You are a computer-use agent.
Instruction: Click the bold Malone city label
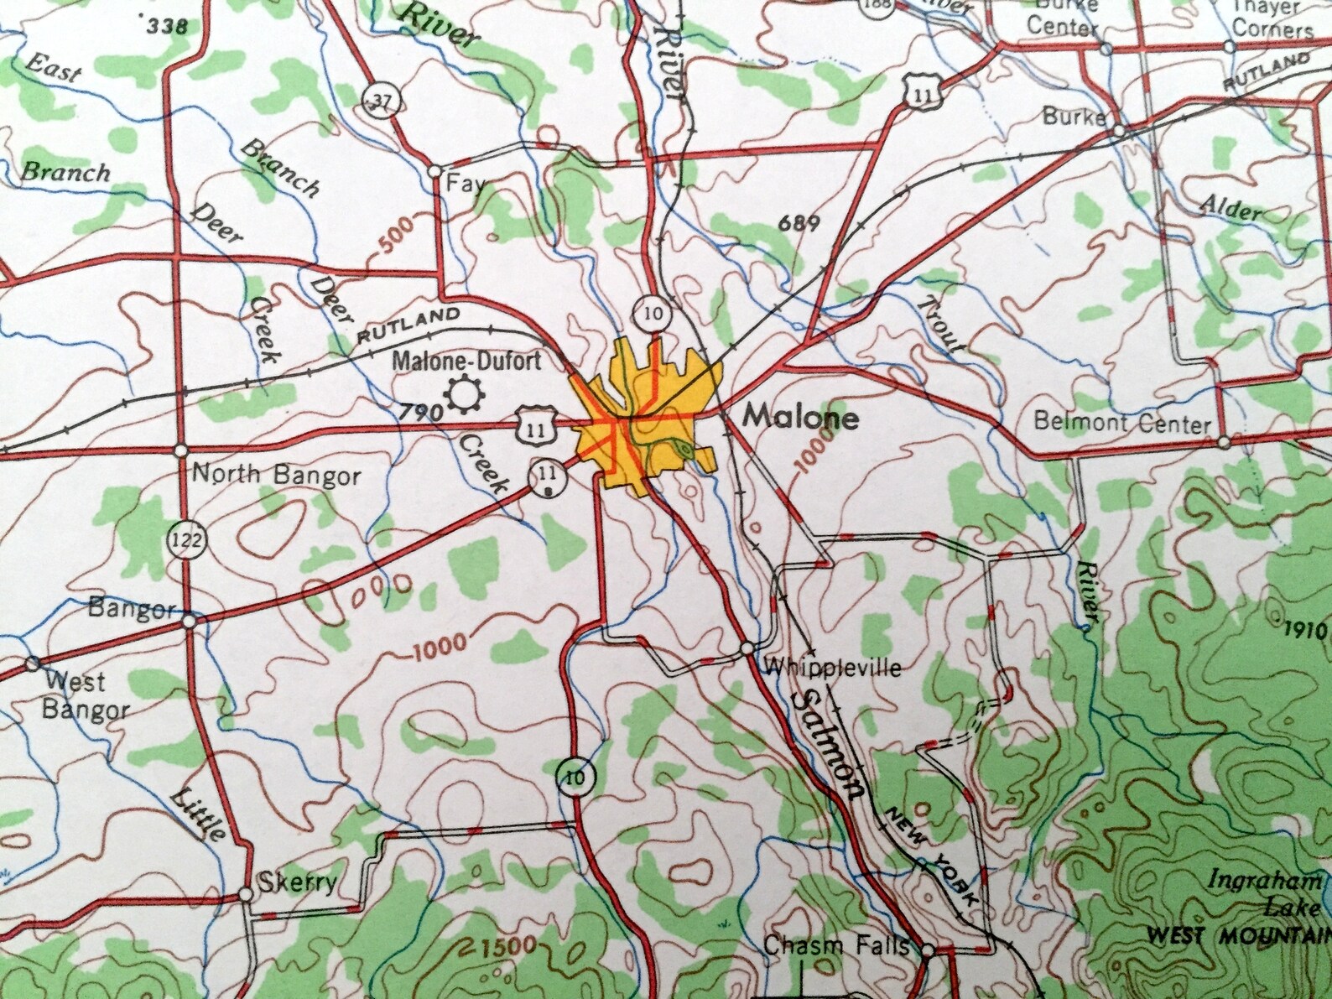pos(801,417)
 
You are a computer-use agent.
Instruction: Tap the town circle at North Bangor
pos(180,450)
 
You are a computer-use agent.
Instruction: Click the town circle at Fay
pos(434,171)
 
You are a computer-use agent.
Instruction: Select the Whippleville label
pos(834,668)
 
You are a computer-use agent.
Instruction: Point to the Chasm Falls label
pos(835,946)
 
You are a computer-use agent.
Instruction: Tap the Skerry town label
pos(298,882)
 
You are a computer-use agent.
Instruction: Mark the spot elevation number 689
pos(798,223)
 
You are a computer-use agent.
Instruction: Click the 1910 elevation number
pos(1307,629)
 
